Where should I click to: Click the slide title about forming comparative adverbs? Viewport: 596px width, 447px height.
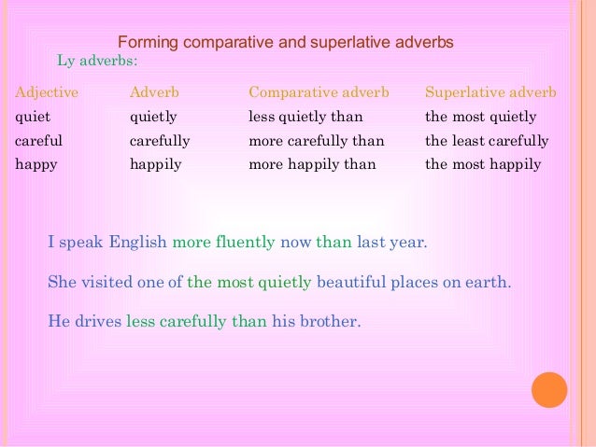tap(285, 42)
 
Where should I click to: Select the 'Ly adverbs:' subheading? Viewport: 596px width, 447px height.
tap(97, 61)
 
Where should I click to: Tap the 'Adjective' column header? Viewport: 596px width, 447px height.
tap(47, 93)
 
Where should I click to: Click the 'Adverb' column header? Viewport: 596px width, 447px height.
tap(154, 93)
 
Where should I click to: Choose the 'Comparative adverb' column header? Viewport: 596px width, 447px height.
tap(319, 93)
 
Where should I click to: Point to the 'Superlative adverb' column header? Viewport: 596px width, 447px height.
tap(490, 93)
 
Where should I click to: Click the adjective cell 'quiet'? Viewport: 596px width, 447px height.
tap(33, 118)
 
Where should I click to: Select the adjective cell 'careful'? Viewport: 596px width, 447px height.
tap(39, 141)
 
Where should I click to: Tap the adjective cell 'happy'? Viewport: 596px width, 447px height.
tap(36, 165)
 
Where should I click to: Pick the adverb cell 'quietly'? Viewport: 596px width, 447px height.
tap(153, 118)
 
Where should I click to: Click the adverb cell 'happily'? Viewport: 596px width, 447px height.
tap(156, 165)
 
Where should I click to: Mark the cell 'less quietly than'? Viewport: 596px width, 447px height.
tap(305, 118)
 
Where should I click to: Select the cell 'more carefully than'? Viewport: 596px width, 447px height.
tap(316, 141)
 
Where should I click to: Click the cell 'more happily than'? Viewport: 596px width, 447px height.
tap(312, 165)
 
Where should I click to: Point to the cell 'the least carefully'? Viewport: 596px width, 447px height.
tap(487, 141)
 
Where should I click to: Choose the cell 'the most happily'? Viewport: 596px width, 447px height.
tap(483, 165)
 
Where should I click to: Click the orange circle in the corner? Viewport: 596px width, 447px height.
tap(549, 390)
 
